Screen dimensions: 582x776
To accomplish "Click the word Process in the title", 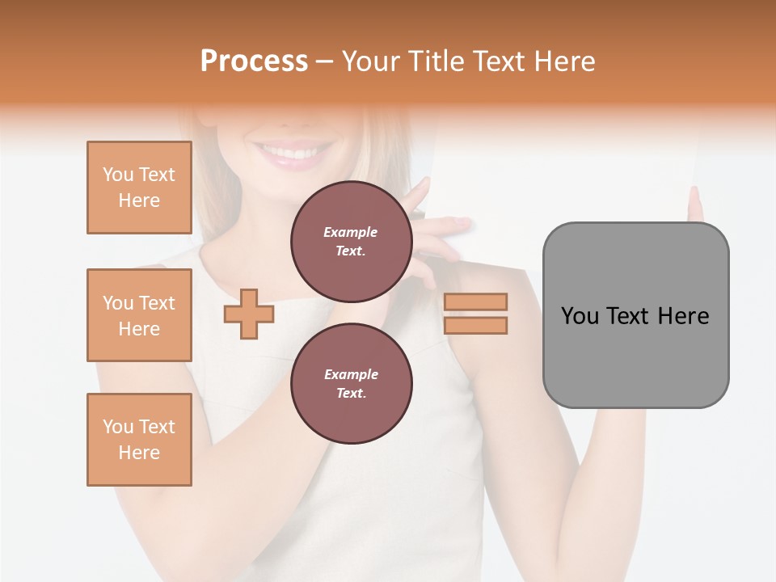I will click(x=254, y=61).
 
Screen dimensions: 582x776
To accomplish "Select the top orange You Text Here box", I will click(x=139, y=188).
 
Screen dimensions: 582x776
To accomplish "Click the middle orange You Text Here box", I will click(x=139, y=315).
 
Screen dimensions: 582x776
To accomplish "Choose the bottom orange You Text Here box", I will click(x=139, y=440).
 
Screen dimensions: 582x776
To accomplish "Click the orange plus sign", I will click(x=249, y=314).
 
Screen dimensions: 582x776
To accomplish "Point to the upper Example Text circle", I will click(x=351, y=242).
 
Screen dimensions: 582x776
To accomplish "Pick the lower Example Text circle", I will click(x=351, y=384).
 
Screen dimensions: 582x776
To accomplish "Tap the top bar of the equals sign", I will click(x=475, y=302).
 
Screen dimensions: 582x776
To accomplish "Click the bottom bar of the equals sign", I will click(x=475, y=325).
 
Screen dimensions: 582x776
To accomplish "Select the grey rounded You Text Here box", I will click(x=635, y=315).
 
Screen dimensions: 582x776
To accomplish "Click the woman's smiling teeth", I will click(x=292, y=152).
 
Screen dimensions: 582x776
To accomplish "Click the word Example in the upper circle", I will click(x=351, y=232).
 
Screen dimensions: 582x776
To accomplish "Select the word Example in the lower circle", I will click(x=351, y=374).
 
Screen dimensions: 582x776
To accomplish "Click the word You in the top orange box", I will click(x=118, y=175).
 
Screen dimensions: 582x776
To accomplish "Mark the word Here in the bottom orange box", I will click(x=139, y=453).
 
